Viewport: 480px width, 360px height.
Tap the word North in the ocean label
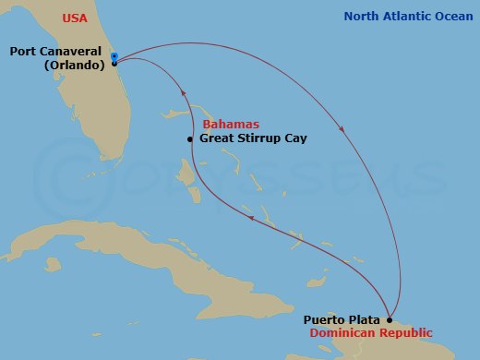[361, 17]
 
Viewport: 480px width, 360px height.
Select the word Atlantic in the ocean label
[406, 17]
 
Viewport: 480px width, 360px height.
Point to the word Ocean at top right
[453, 17]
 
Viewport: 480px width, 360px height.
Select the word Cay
[295, 138]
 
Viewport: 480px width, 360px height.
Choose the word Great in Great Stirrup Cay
[217, 138]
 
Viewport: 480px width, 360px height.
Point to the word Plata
[365, 319]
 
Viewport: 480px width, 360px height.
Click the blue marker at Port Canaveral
[114, 57]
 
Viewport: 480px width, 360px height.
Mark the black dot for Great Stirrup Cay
[190, 139]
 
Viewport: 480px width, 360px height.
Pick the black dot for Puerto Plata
[389, 320]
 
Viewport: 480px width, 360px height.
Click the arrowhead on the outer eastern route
[343, 130]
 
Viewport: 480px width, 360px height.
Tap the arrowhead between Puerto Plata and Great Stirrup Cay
[251, 217]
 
